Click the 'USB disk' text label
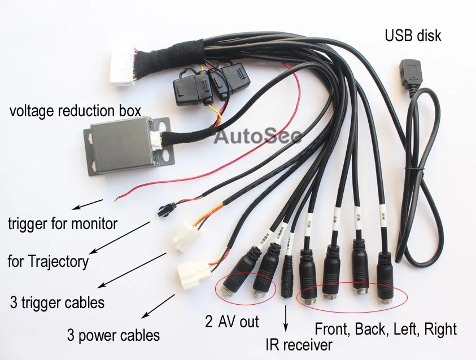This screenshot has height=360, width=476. click(413, 36)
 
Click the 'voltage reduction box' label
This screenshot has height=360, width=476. click(75, 111)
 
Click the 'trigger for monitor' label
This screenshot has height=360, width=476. click(63, 223)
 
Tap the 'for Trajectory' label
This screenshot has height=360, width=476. click(48, 261)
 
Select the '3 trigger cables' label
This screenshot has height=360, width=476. click(57, 302)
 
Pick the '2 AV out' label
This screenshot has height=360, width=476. click(232, 322)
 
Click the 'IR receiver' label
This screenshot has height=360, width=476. click(299, 344)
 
